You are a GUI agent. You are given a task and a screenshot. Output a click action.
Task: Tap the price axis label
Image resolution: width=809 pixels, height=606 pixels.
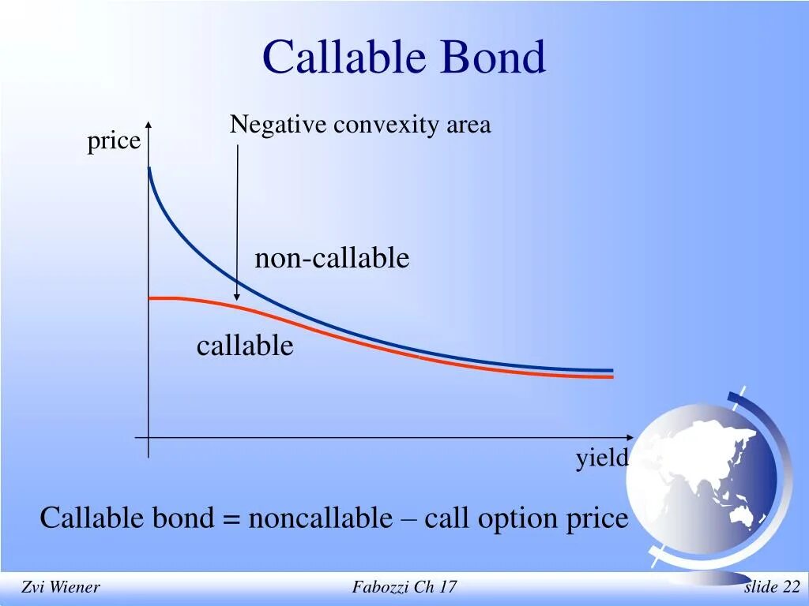(x=114, y=142)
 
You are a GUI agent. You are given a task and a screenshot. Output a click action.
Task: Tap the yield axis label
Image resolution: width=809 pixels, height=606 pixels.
(x=601, y=458)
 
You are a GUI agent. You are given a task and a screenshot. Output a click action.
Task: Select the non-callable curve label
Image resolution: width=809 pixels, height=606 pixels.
(x=332, y=258)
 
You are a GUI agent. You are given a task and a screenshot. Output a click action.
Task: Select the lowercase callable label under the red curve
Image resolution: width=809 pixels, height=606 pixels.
(x=245, y=346)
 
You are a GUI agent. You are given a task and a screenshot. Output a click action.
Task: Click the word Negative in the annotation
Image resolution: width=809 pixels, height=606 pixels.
(x=278, y=125)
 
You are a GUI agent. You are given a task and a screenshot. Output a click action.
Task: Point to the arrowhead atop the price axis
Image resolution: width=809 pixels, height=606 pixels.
(x=149, y=125)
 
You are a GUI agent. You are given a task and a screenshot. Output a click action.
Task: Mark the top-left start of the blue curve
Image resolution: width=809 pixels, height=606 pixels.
(x=149, y=170)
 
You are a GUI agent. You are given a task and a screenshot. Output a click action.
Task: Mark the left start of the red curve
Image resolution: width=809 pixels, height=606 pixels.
(x=151, y=298)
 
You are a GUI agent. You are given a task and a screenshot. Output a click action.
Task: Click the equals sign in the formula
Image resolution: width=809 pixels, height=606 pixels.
(x=231, y=519)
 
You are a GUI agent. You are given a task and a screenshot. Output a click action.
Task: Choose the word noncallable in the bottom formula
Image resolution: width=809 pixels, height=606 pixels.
(x=319, y=518)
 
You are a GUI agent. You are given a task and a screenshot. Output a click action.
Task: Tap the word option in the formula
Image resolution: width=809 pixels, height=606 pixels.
(x=521, y=518)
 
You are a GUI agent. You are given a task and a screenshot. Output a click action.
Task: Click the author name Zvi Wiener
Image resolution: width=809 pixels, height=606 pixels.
(x=60, y=587)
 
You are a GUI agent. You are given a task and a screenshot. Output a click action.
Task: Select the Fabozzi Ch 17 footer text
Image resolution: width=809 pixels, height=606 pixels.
(x=404, y=587)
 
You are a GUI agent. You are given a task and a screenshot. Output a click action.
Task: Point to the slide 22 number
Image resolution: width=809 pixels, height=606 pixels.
(x=772, y=587)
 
